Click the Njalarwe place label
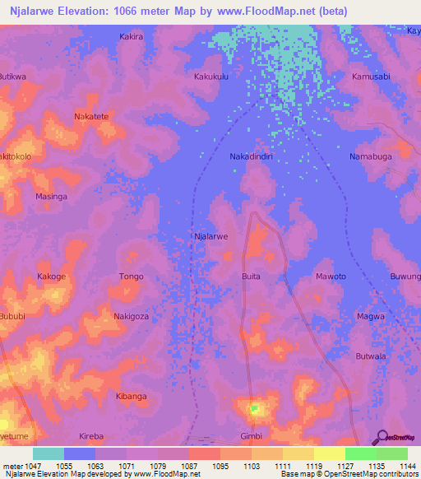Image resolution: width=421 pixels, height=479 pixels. point(210,236)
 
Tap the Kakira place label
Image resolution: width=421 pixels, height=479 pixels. point(131,37)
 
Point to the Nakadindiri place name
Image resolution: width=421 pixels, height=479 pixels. point(250,156)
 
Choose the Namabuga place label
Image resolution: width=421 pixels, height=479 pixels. point(370,156)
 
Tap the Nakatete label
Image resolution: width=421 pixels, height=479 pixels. point(91,117)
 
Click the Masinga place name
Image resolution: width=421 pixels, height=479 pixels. point(51,198)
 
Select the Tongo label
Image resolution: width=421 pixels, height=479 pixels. point(131,277)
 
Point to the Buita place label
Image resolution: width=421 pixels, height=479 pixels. point(251,277)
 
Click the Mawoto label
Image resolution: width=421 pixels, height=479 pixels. point(331,277)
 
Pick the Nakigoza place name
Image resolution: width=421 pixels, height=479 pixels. point(131,316)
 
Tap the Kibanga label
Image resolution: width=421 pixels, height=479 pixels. point(131,396)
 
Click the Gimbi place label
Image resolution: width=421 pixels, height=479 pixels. point(250,435)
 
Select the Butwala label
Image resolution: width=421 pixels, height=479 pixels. point(370,356)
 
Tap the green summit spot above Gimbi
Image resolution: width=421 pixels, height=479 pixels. point(254,407)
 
